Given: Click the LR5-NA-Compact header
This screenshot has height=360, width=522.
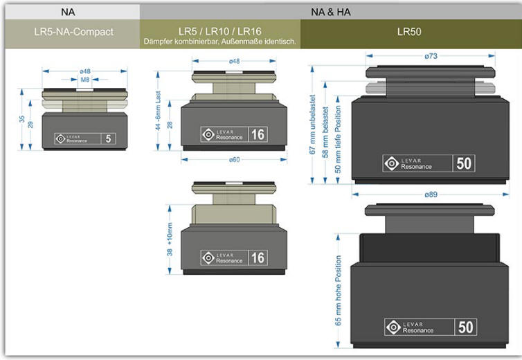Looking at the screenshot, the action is pyautogui.click(x=73, y=32).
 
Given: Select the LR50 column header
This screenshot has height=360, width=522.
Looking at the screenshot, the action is pyautogui.click(x=409, y=32).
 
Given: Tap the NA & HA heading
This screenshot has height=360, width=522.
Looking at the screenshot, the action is pyautogui.click(x=331, y=12).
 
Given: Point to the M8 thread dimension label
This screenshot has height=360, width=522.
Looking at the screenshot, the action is pyautogui.click(x=85, y=80).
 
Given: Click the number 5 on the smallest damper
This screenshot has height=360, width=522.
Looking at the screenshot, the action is pyautogui.click(x=108, y=138).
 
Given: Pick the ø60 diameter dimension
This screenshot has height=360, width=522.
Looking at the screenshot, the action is pyautogui.click(x=235, y=160).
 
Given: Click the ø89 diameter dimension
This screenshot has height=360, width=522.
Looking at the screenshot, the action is pyautogui.click(x=431, y=195).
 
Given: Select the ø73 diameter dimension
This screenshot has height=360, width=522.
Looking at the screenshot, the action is pyautogui.click(x=431, y=56).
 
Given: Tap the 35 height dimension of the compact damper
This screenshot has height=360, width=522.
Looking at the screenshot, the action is pyautogui.click(x=22, y=119).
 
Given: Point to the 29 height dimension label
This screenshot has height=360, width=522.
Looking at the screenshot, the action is pyautogui.click(x=30, y=125).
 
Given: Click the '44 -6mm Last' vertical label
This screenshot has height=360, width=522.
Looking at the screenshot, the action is pyautogui.click(x=158, y=111).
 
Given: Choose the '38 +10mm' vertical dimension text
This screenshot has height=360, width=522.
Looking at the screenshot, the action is pyautogui.click(x=170, y=239).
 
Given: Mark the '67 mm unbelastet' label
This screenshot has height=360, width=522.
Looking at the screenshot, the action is pyautogui.click(x=312, y=125).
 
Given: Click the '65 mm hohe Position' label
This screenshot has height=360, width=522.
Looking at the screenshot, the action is pyautogui.click(x=339, y=290).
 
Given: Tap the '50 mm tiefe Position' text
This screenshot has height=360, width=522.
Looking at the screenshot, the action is pyautogui.click(x=338, y=140).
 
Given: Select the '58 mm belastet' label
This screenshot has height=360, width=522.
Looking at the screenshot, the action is pyautogui.click(x=325, y=132).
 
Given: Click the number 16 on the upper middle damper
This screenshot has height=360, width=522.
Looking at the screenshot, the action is pyautogui.click(x=258, y=134).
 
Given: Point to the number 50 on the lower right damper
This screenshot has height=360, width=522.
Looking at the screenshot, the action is pyautogui.click(x=465, y=327).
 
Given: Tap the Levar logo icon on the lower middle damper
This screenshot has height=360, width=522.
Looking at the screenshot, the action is pyautogui.click(x=208, y=258).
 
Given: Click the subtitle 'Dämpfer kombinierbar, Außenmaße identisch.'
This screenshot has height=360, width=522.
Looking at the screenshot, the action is pyautogui.click(x=219, y=42).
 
